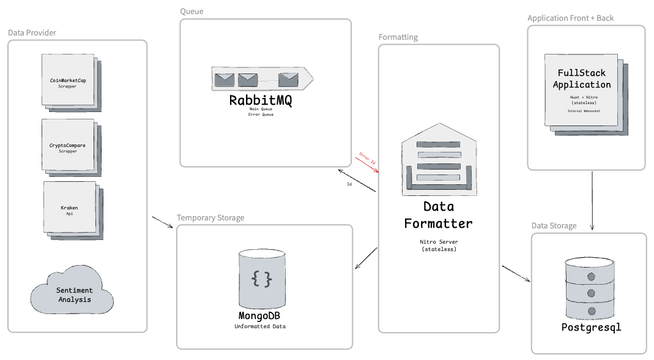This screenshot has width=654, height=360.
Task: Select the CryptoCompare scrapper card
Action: pos(68,145)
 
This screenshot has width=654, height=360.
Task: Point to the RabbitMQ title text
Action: pos(261,100)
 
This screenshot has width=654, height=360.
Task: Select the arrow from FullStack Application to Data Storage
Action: pos(592,201)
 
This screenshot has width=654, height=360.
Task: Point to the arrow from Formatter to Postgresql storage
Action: pos(516,274)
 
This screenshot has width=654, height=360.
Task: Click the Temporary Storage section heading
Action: pos(210,217)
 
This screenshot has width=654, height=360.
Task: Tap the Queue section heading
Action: pos(191,11)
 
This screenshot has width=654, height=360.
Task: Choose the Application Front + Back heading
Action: pos(570,18)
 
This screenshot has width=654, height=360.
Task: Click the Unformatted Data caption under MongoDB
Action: pos(260,326)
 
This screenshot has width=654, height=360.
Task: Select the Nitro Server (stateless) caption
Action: pos(438,246)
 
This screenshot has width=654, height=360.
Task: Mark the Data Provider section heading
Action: pos(37,32)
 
